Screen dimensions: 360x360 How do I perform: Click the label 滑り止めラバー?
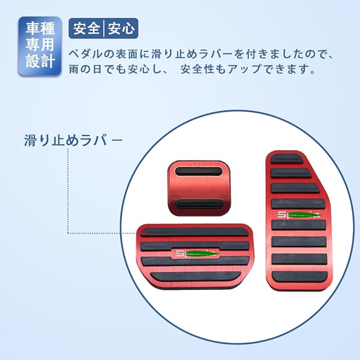pos(73,141)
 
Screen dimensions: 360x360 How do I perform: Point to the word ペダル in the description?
pos(85,54)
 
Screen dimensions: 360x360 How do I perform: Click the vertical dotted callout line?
pos(68,191)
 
